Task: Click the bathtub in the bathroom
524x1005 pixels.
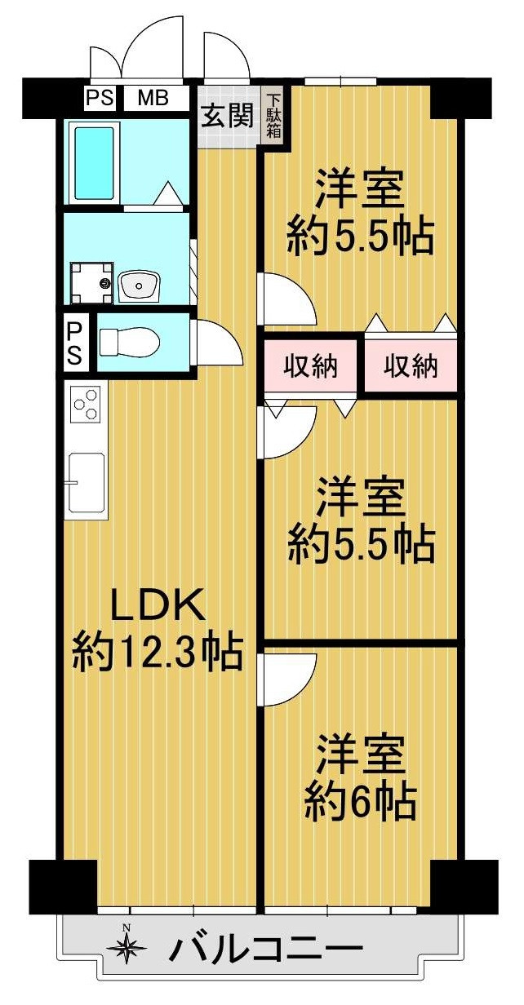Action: click(x=93, y=163)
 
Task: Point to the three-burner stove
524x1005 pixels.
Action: click(x=86, y=404)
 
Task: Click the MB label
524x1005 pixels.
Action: click(x=153, y=97)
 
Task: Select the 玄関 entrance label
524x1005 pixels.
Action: click(x=228, y=115)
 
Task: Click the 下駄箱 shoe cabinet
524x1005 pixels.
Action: click(x=274, y=115)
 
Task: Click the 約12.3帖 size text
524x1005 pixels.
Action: click(x=158, y=653)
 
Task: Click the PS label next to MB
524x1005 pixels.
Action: click(x=100, y=97)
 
